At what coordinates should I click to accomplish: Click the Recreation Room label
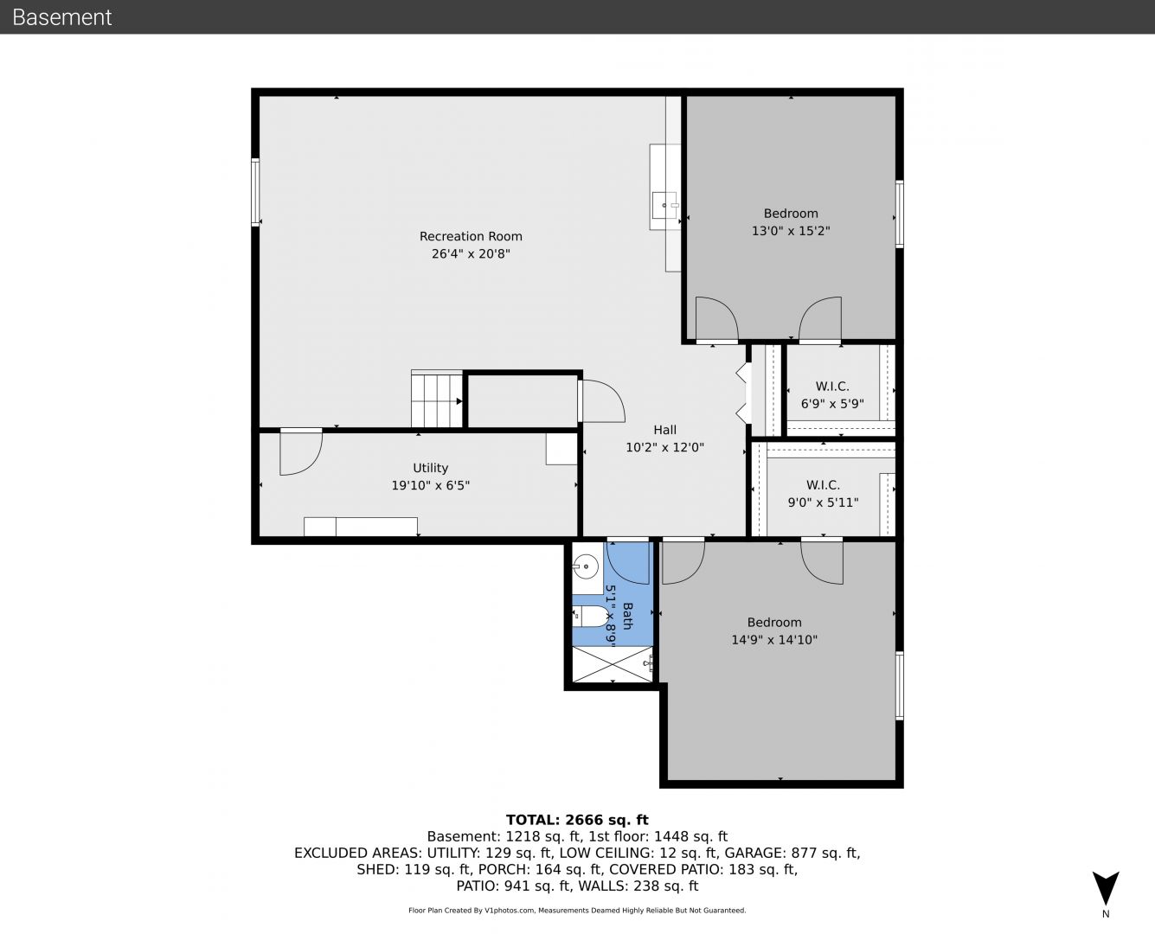pyautogui.click(x=471, y=236)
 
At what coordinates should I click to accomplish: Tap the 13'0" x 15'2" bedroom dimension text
pyautogui.click(x=791, y=230)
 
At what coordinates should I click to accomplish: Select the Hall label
pyautogui.click(x=664, y=430)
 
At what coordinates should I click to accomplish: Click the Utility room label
pyautogui.click(x=431, y=468)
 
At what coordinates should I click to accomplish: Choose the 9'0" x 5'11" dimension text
pyautogui.click(x=823, y=502)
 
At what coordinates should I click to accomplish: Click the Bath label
pyautogui.click(x=627, y=616)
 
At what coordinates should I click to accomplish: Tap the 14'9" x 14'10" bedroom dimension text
pyautogui.click(x=774, y=640)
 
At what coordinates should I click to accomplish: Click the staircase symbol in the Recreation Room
pyautogui.click(x=437, y=399)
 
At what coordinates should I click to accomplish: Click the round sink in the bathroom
pyautogui.click(x=586, y=567)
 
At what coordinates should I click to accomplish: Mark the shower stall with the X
pyautogui.click(x=613, y=664)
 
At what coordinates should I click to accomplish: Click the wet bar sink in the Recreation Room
pyautogui.click(x=665, y=205)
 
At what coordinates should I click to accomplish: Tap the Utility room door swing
pyautogui.click(x=301, y=452)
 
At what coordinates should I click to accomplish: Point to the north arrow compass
pyautogui.click(x=1106, y=888)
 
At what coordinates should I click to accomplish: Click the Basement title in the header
pyautogui.click(x=61, y=17)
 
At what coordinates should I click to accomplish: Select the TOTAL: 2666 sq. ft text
pyautogui.click(x=577, y=820)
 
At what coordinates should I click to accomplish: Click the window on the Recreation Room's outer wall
pyautogui.click(x=255, y=191)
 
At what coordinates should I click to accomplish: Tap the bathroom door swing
pyautogui.click(x=628, y=563)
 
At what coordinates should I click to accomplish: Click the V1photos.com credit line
pyautogui.click(x=577, y=910)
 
